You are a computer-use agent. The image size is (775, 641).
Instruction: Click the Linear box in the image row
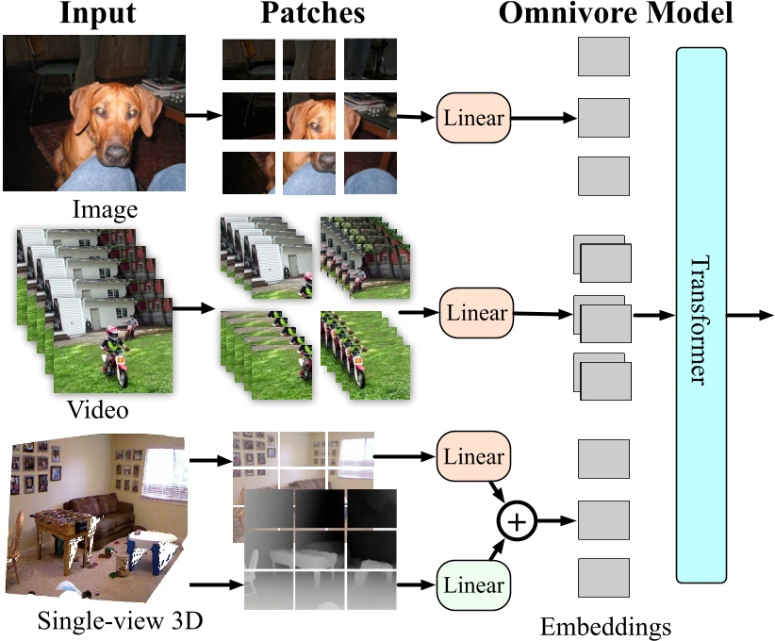(x=473, y=120)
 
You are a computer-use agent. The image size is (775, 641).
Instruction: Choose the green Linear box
(x=474, y=585)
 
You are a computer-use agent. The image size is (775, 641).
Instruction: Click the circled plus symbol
(x=516, y=520)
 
